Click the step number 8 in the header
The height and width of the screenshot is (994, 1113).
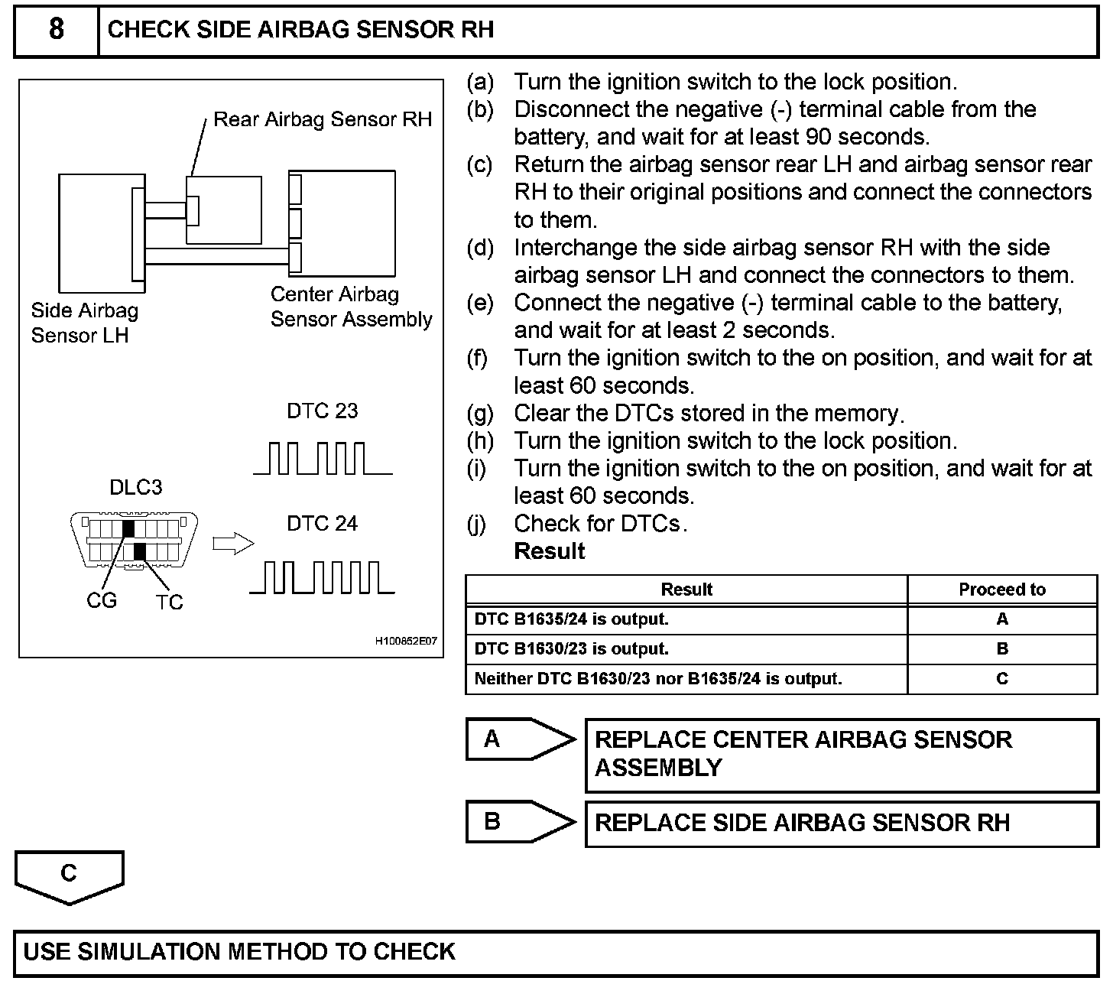[56, 30]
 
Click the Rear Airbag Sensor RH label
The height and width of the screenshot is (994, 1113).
[322, 119]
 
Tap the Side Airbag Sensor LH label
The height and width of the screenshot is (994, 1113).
[84, 323]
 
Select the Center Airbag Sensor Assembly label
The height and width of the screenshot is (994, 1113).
[351, 307]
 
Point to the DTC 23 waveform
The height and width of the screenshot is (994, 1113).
[322, 458]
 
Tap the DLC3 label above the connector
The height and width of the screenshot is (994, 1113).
[135, 487]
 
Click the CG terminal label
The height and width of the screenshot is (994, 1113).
[102, 601]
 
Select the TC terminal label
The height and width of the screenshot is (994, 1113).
[170, 603]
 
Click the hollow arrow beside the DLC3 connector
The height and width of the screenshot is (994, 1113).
[232, 544]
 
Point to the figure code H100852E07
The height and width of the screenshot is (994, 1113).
[405, 641]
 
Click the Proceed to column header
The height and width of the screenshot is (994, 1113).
[1001, 590]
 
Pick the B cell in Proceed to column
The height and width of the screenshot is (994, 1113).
[1001, 649]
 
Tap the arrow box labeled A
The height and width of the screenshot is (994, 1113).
[520, 739]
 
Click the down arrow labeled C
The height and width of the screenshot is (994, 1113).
[69, 876]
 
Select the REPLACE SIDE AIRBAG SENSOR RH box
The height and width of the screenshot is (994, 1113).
[841, 823]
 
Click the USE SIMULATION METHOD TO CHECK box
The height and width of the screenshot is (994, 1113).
[556, 953]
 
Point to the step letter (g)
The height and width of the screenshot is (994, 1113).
[480, 414]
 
